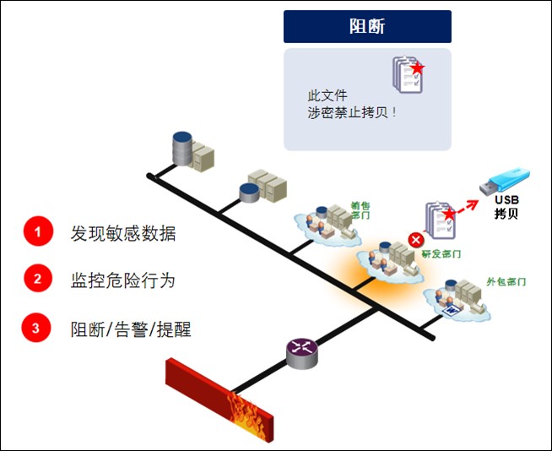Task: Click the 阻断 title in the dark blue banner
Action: pyautogui.click(x=367, y=26)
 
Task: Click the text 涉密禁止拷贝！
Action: pyautogui.click(x=352, y=111)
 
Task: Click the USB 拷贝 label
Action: pyautogui.click(x=506, y=207)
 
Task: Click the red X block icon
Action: pyautogui.click(x=415, y=241)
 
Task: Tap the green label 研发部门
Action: pyautogui.click(x=441, y=253)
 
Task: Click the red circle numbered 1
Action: pyautogui.click(x=38, y=233)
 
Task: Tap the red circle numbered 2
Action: pyautogui.click(x=38, y=280)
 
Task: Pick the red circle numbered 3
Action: pyautogui.click(x=38, y=329)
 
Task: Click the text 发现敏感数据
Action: pyautogui.click(x=123, y=234)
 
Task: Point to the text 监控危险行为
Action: pyautogui.click(x=123, y=280)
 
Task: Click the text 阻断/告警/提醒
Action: pyautogui.click(x=130, y=329)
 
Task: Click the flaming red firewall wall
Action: pyautogui.click(x=219, y=395)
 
